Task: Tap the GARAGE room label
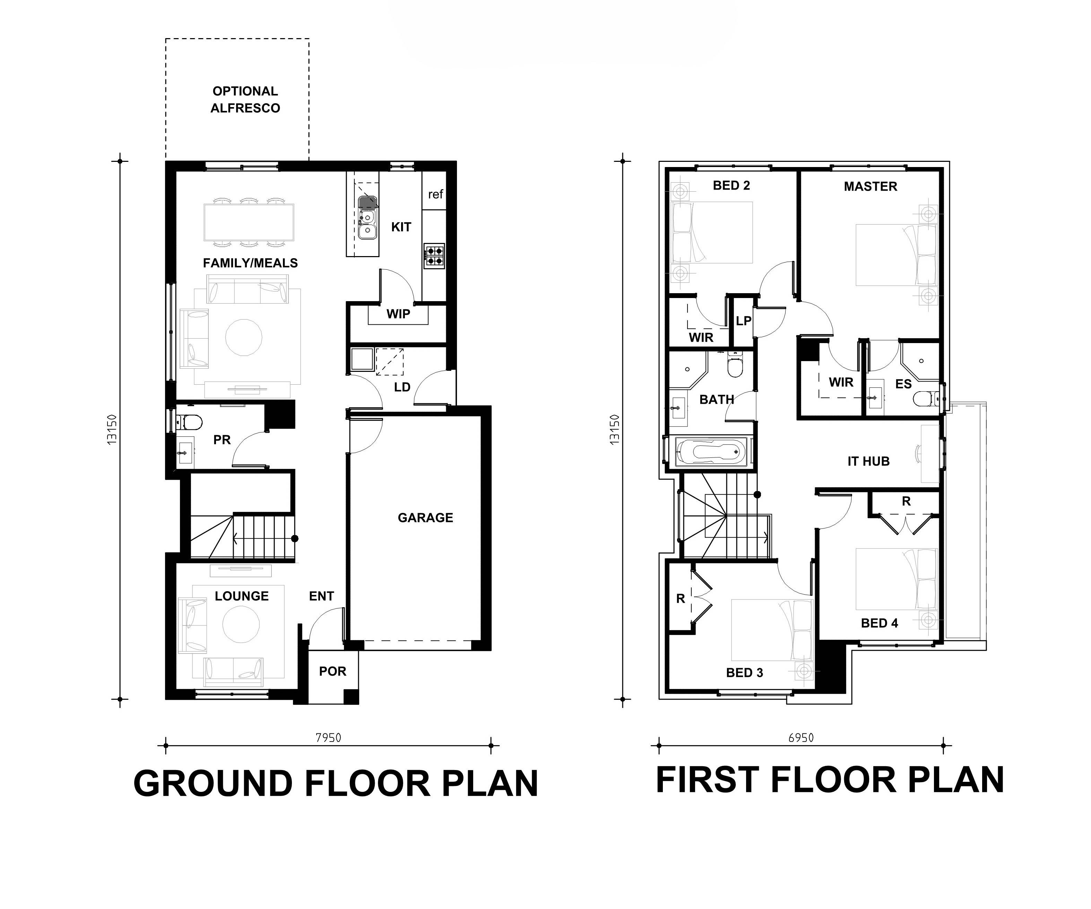425,517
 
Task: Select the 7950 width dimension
328,737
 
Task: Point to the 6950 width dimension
800,737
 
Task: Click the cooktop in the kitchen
434,255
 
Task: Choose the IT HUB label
868,461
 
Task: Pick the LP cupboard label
743,321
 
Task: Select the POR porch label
332,671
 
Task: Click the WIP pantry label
398,314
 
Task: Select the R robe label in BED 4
906,501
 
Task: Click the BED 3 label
744,673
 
